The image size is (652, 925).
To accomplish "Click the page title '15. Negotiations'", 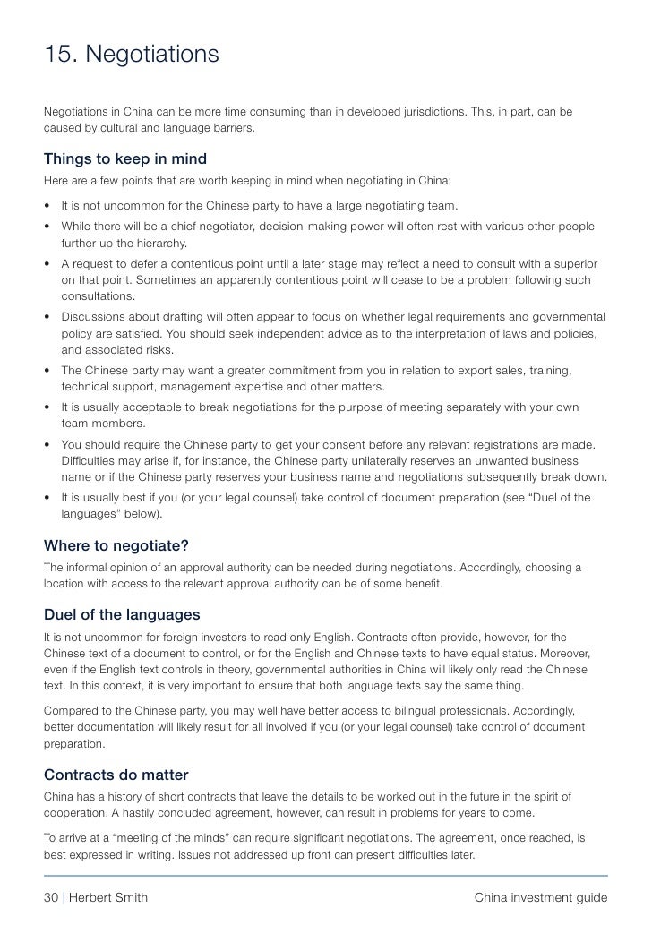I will point(132,55).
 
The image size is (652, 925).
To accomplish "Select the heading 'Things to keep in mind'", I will point(125,159).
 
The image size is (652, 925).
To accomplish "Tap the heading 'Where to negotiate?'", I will point(116,545).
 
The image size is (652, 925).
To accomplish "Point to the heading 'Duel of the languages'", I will point(122,615).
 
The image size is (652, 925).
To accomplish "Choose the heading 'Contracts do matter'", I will point(116,775).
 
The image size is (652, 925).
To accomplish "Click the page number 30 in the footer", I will point(52,898).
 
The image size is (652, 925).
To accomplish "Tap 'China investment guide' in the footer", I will point(541,898).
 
